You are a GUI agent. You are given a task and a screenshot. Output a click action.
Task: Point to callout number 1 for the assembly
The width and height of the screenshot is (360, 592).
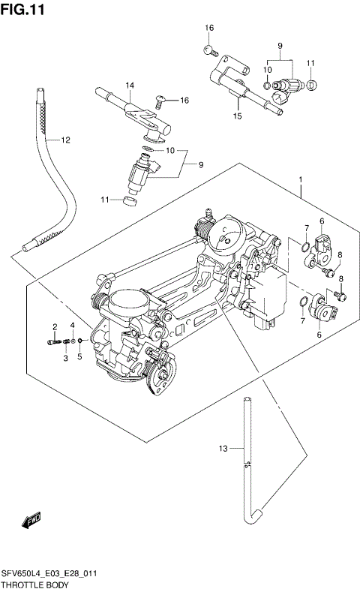(300, 180)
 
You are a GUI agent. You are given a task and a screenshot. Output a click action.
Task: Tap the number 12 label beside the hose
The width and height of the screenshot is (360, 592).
(65, 140)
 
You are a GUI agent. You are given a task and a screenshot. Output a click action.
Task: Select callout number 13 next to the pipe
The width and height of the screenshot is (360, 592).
(222, 449)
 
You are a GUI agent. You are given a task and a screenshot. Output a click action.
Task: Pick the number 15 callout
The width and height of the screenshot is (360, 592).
(237, 116)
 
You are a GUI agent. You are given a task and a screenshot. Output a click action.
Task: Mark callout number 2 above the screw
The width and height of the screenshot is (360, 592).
(55, 326)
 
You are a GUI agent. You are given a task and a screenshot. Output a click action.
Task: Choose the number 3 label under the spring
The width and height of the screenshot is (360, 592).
(65, 358)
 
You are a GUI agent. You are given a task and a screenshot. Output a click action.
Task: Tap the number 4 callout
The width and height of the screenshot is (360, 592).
(72, 326)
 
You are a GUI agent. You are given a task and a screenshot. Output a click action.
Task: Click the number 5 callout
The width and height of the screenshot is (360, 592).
(79, 358)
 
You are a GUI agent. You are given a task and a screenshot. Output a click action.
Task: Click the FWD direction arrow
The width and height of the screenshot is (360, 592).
(31, 521)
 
